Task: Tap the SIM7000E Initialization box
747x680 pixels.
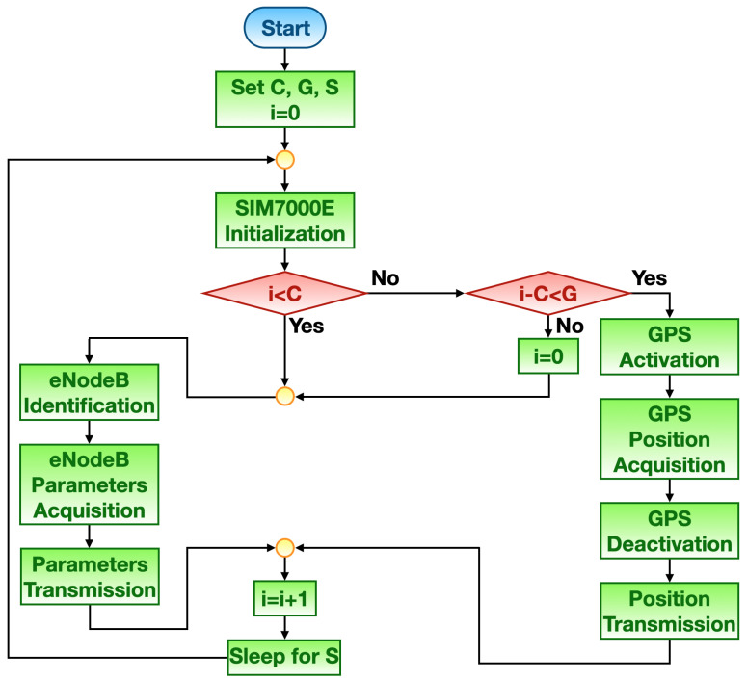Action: (x=284, y=220)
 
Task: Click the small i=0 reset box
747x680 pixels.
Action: (x=549, y=353)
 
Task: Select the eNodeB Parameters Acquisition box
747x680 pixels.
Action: (x=88, y=483)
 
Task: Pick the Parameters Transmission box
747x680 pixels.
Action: (x=88, y=576)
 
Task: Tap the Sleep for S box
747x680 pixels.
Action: (x=284, y=658)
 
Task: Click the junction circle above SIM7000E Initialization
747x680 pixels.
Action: (x=284, y=159)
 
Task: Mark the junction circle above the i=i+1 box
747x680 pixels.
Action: (x=284, y=547)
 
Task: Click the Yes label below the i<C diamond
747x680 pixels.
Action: (x=307, y=326)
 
